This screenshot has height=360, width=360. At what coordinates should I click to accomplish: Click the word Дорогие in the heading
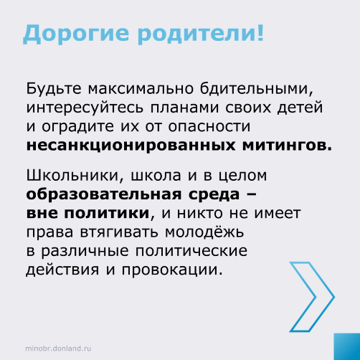[x=76, y=34]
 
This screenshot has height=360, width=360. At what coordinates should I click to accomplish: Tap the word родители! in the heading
[x=201, y=34]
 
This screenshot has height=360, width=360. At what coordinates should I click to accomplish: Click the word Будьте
[x=54, y=89]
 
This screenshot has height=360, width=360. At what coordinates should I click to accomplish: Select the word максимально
[x=141, y=89]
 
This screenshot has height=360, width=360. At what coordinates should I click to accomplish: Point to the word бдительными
[x=257, y=89]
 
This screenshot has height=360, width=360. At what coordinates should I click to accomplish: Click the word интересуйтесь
[x=85, y=108]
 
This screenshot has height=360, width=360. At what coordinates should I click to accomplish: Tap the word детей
[x=300, y=108]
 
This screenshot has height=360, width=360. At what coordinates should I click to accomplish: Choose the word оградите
[x=78, y=127]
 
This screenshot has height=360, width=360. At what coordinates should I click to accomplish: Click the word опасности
[x=209, y=127]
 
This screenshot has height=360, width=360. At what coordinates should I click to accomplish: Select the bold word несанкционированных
[x=131, y=146]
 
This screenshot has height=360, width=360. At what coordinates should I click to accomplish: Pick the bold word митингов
[x=287, y=146]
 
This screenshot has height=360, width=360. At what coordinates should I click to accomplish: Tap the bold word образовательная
[x=104, y=194]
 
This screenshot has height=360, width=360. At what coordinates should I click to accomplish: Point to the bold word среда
[x=214, y=194]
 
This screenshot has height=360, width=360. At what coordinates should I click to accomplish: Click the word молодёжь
[x=204, y=231]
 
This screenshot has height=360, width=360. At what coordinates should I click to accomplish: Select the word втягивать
[x=119, y=232]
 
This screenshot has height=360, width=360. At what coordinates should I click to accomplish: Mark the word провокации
[x=172, y=270]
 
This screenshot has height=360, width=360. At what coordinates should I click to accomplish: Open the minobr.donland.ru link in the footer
[x=58, y=349]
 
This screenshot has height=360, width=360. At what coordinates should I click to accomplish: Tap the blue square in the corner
[x=347, y=346]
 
